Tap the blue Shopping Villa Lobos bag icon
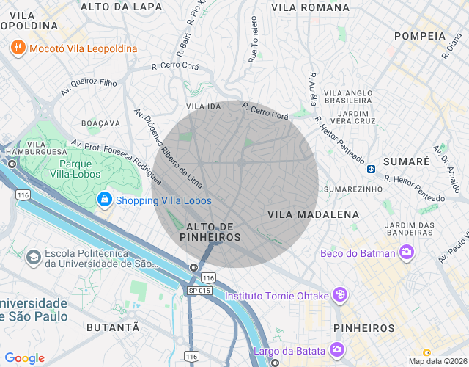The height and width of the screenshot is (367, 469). [x=105, y=200]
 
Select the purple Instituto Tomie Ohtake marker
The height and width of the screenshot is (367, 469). [x=339, y=296]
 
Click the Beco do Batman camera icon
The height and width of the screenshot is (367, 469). [x=407, y=254]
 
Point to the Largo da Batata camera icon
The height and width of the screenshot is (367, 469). [x=336, y=350]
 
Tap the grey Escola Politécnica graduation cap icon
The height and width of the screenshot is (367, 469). [x=33, y=257]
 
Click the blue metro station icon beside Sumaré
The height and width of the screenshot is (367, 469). [x=372, y=169]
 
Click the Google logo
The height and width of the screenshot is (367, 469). [x=24, y=358]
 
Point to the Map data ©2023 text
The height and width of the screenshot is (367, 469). [x=437, y=361]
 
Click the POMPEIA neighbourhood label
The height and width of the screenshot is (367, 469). [x=420, y=35]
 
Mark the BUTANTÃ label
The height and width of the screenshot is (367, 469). [x=112, y=327]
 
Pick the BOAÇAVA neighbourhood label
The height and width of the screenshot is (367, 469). [x=101, y=123]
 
